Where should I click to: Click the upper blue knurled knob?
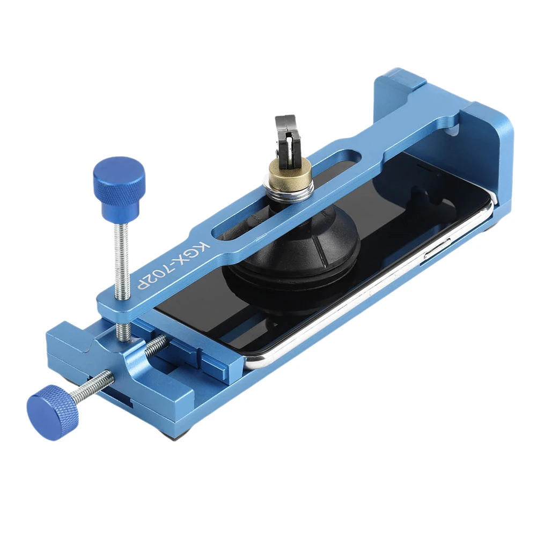[119, 181]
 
